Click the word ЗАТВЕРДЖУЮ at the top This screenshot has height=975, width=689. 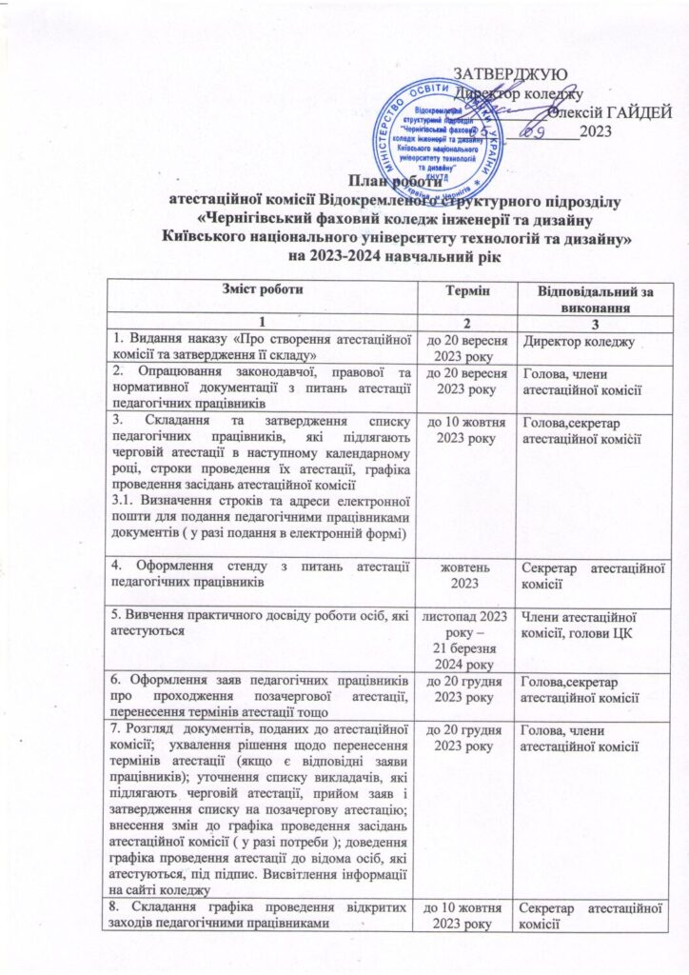pos(513,74)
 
